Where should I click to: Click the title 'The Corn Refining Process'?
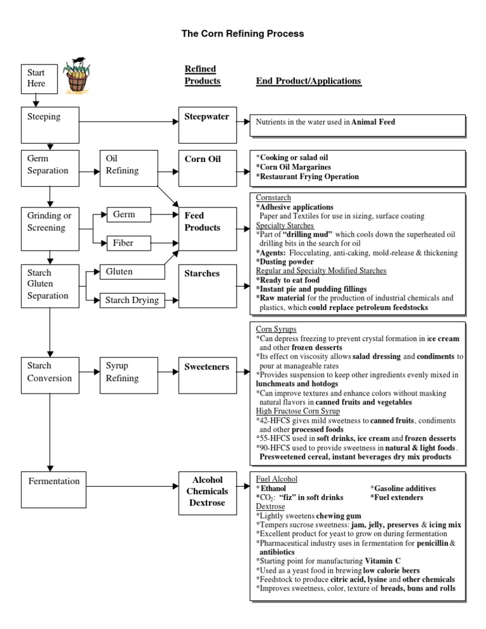point(242,34)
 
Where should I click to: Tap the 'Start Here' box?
point(37,78)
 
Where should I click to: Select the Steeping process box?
point(50,125)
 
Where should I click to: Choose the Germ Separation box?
point(50,168)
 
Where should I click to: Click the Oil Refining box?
point(128,168)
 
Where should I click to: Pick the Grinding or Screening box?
point(50,226)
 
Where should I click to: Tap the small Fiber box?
point(128,242)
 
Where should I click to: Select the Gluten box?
point(128,272)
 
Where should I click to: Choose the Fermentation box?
point(54,490)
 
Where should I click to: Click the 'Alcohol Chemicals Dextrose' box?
point(207,491)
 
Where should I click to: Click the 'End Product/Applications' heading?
point(308,81)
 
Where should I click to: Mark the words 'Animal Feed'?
point(373,122)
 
